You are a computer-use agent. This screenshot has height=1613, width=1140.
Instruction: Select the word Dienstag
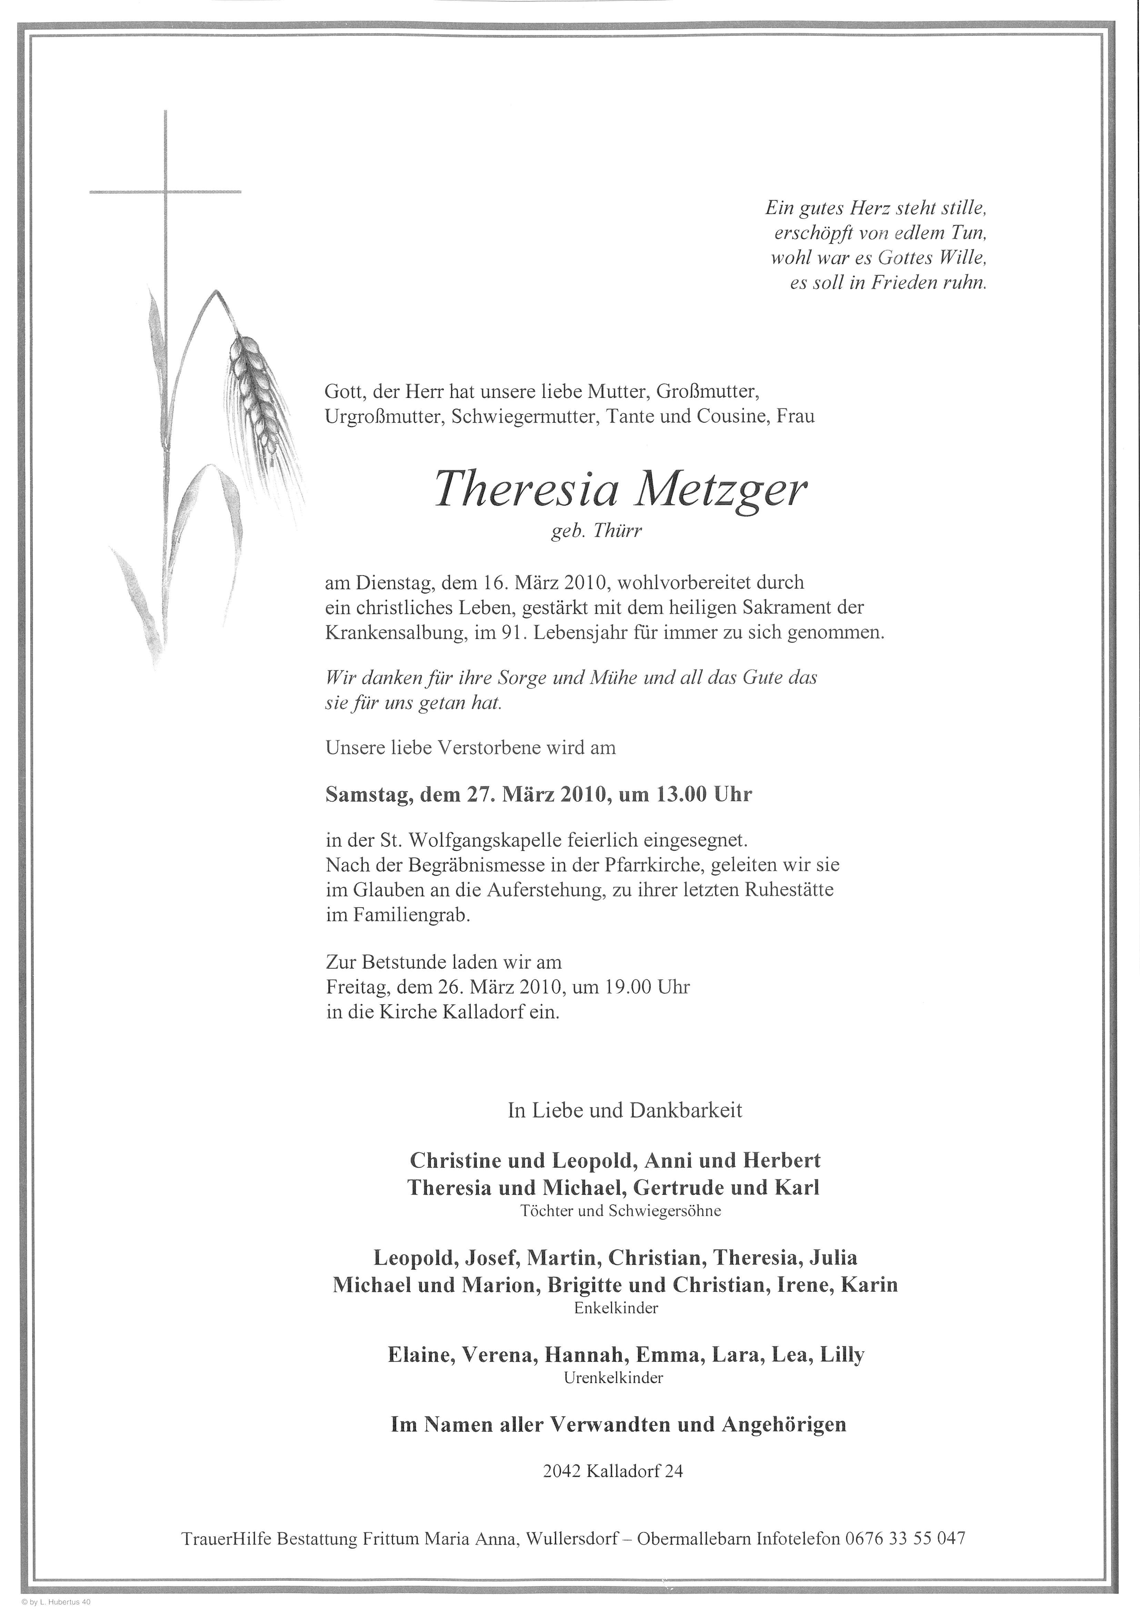[x=392, y=582]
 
